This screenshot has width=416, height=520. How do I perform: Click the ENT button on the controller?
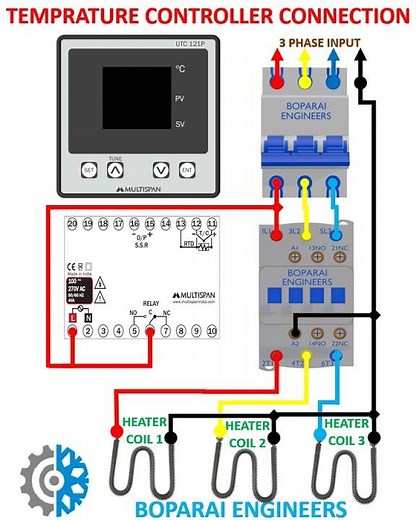tap(186, 170)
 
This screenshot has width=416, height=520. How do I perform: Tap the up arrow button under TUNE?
tap(115, 170)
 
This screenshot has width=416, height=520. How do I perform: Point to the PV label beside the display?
tap(180, 99)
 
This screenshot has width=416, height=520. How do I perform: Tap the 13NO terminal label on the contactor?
tap(318, 247)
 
